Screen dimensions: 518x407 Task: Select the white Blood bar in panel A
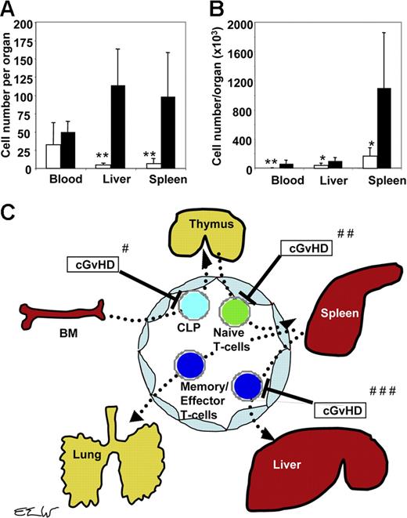tap(32, 157)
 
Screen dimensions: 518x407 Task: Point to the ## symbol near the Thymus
tap(344, 233)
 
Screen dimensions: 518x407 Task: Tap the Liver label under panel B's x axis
tap(312, 180)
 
